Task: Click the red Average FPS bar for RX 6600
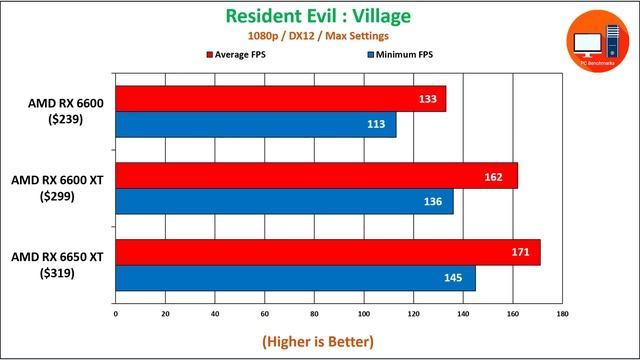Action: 280,99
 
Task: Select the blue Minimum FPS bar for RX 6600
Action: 255,125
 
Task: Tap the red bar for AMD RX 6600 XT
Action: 316,176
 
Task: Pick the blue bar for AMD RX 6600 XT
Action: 284,201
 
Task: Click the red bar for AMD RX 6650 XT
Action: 327,252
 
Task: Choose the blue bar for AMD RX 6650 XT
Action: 295,278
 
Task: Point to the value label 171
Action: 521,252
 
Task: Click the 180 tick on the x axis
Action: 562,314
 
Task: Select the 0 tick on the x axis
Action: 116,314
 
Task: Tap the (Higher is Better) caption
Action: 318,341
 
